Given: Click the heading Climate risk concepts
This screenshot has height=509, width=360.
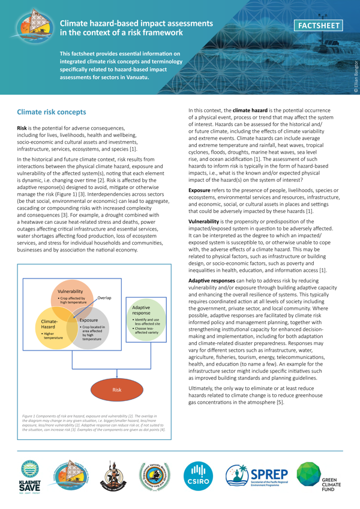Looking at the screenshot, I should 52,112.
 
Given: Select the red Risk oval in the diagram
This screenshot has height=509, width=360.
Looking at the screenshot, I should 117,390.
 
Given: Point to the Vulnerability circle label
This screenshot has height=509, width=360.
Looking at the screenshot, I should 71,291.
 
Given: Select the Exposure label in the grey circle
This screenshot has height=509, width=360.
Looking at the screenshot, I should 89,321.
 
